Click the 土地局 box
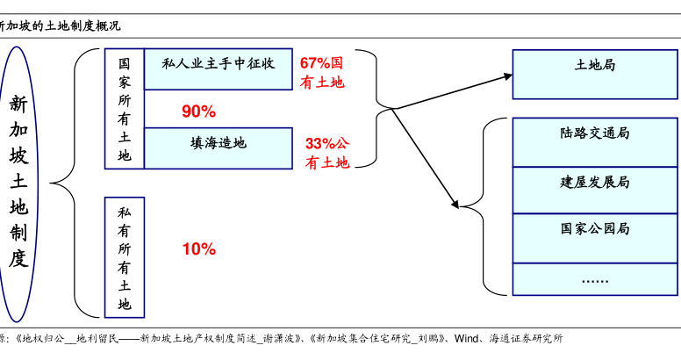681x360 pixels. (595, 75)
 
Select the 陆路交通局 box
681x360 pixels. (595, 142)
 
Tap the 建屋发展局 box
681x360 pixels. (595, 190)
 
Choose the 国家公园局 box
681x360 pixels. (595, 238)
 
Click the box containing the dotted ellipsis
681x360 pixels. (595, 279)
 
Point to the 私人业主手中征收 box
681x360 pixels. (218, 69)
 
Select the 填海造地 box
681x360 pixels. (218, 148)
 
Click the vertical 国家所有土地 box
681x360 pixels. (125, 109)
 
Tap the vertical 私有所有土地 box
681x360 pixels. (125, 257)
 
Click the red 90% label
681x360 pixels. (199, 112)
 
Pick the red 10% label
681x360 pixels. (199, 249)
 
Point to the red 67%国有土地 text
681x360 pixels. (322, 73)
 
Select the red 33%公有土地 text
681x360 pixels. (327, 153)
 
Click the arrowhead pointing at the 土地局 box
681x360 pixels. (508, 76)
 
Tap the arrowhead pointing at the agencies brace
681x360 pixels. (455, 204)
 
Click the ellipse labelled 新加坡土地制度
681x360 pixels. (18, 184)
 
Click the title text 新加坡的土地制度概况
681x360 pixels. (60, 26)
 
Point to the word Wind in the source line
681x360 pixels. (466, 338)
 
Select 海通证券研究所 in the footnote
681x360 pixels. (526, 338)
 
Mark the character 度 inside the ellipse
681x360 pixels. (18, 258)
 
